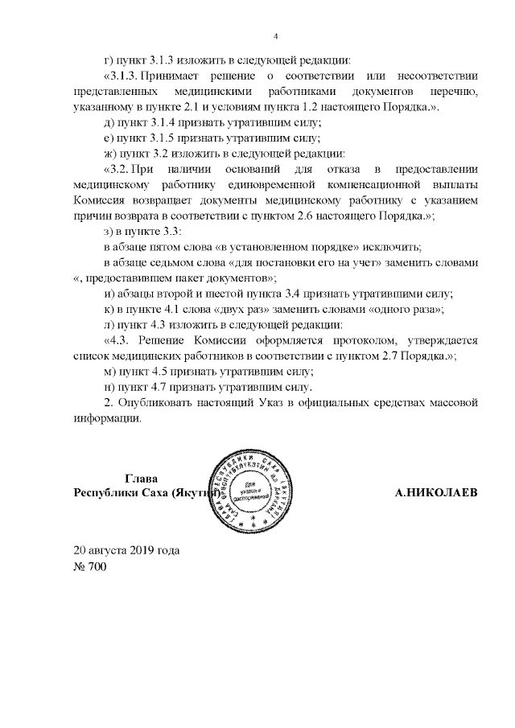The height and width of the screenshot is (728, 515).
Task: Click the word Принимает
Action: [174, 76]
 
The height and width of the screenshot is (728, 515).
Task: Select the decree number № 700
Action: [89, 567]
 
